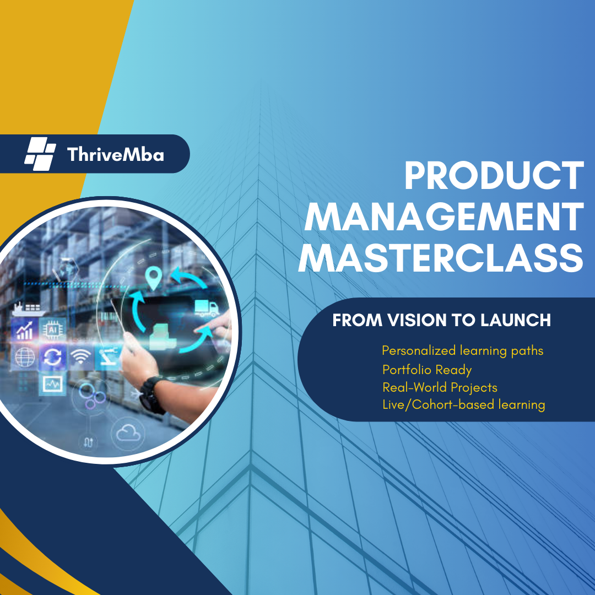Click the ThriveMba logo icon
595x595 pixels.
(x=40, y=154)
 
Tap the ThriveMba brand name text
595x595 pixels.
(x=115, y=154)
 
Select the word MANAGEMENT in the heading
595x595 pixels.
(x=443, y=218)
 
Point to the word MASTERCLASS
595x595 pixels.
(x=440, y=258)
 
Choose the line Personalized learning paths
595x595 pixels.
(x=463, y=350)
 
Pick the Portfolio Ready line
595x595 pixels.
(x=427, y=369)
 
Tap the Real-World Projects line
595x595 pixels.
(x=440, y=387)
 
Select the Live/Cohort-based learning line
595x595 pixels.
(x=464, y=405)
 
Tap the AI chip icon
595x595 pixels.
(x=53, y=329)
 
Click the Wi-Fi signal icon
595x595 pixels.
(x=80, y=358)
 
